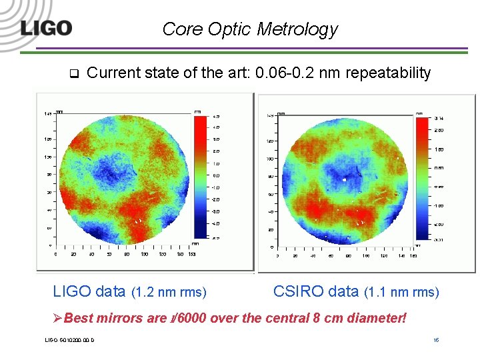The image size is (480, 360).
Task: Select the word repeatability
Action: tap(387, 73)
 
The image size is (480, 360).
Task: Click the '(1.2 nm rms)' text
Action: tap(169, 292)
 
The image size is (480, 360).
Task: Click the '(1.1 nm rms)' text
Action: tap(402, 292)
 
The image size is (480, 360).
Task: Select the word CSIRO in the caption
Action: tap(297, 291)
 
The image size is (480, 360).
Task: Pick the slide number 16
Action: tap(435, 341)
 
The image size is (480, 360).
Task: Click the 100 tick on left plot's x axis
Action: tap(144, 254)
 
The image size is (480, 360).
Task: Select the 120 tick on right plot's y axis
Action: tap(270, 141)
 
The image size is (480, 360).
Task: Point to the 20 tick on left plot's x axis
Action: tap(73, 254)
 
